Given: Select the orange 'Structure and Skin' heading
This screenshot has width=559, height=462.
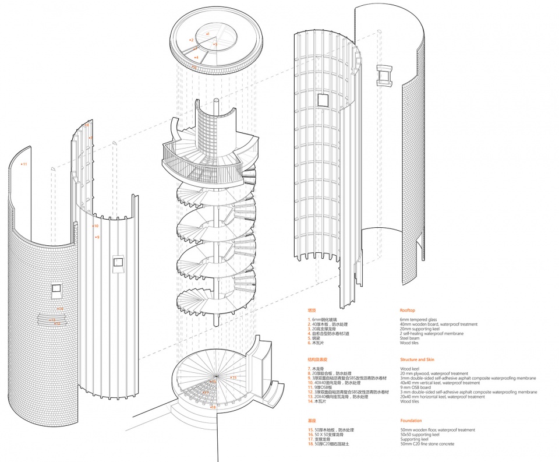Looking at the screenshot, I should coord(417,360).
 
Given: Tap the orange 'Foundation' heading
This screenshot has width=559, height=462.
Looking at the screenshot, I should coord(411,421).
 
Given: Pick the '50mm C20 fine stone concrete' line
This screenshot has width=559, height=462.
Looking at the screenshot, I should coord(427,444).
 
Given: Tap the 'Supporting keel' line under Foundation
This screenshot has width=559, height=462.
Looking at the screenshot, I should coord(415,439).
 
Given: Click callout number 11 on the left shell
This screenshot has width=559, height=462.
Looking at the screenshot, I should coord(24,164).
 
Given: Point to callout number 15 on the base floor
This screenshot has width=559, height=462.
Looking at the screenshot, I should coord(234,378).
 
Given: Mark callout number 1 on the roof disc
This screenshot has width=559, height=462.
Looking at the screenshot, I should coord(208,35).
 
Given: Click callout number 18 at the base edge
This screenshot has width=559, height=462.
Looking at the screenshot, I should coord(214,407).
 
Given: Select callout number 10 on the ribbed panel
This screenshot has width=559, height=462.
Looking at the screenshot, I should coord(96,226).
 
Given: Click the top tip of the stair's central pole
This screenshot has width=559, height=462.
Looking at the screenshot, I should coord(217,100).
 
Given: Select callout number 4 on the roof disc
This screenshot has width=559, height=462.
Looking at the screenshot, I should coord(197,57).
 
